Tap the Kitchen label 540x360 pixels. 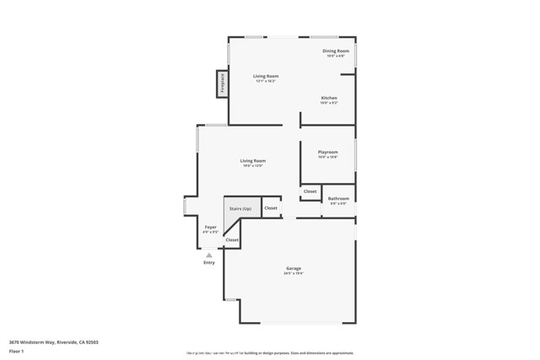[x=329, y=98]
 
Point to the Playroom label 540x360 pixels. [x=328, y=153]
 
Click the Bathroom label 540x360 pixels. [x=338, y=198]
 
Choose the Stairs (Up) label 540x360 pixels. [x=241, y=207]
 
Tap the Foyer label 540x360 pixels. [x=211, y=226]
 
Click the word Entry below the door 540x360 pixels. [x=209, y=262]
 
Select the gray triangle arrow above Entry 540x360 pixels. [x=209, y=255]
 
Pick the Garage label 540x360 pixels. [x=293, y=268]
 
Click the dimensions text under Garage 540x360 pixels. [x=293, y=273]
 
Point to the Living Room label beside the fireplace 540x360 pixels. [x=267, y=76]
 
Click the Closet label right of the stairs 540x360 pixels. [x=271, y=207]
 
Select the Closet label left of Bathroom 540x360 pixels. [x=310, y=191]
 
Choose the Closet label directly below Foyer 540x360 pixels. [x=232, y=240]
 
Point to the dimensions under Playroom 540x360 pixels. [x=328, y=158]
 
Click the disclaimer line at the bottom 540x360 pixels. [x=270, y=353]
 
